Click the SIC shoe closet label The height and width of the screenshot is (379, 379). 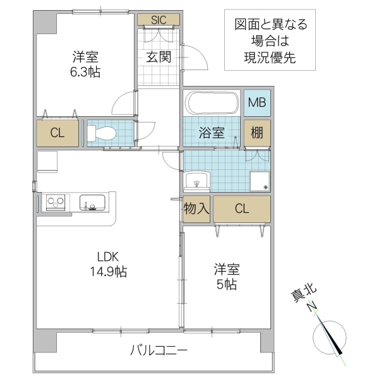coord(159,20)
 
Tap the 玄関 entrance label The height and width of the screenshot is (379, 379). coord(159,56)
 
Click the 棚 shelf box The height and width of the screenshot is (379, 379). coord(256,133)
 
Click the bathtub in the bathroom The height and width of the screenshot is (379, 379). coord(211,103)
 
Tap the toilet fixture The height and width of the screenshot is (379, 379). coord(102,133)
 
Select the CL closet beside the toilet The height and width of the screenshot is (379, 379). coord(57,133)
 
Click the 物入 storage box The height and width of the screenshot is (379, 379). coord(196,209)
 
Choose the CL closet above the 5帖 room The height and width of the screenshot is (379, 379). coord(241,209)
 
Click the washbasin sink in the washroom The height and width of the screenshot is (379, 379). coord(197,181)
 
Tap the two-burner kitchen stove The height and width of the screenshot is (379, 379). coord(56,203)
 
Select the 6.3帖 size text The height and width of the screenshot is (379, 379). coord(85,71)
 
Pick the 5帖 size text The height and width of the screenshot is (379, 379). coord(226,284)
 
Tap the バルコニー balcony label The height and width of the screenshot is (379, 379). coord(159,350)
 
